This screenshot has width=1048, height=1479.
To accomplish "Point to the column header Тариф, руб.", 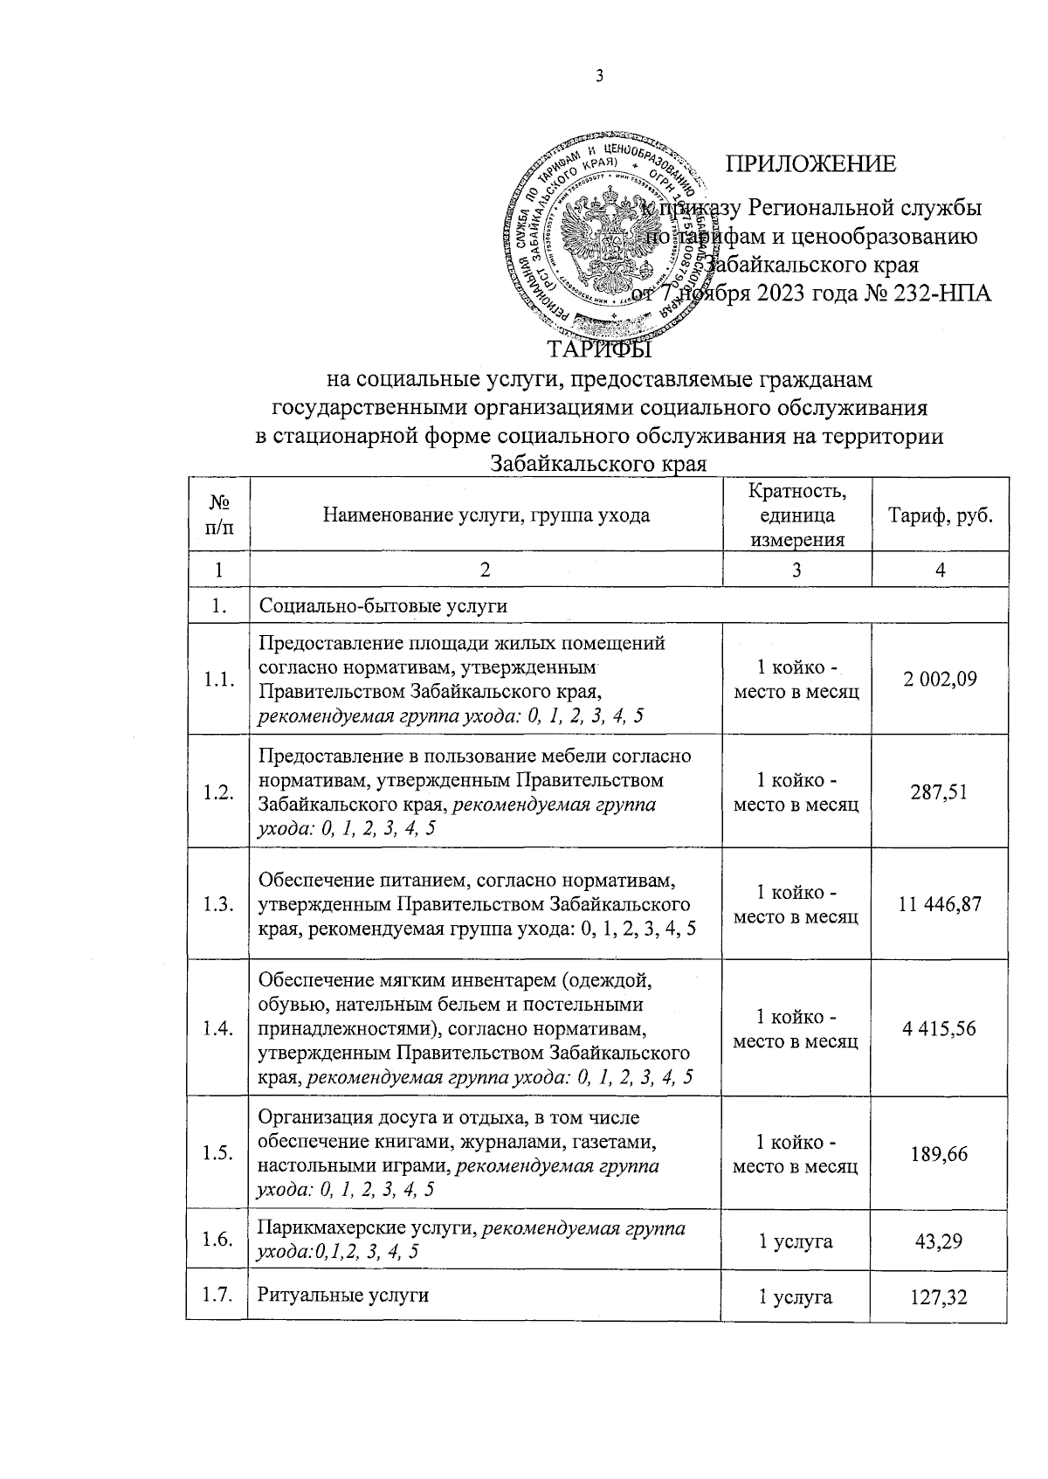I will [x=941, y=515].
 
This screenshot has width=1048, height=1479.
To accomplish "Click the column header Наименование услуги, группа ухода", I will [x=486, y=515].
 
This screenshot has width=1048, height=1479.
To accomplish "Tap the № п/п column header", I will [x=219, y=515].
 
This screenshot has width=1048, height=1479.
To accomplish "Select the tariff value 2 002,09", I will [x=940, y=679].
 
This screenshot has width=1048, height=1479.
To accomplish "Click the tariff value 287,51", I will [x=940, y=792].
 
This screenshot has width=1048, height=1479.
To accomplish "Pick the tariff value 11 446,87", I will [x=940, y=904].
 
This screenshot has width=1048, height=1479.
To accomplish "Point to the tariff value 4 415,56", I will [x=940, y=1028].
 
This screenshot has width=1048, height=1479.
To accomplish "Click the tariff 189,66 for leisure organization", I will [x=940, y=1153].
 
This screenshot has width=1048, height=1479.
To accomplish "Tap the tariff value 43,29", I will [x=940, y=1241].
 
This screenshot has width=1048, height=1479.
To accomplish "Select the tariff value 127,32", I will [x=940, y=1298].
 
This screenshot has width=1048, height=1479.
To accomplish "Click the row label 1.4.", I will [x=218, y=1028].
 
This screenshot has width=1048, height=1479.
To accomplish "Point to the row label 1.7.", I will [x=218, y=1294].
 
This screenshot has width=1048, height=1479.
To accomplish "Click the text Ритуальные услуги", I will [x=343, y=1295].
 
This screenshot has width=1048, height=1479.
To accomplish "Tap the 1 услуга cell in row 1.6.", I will [x=795, y=1241].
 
